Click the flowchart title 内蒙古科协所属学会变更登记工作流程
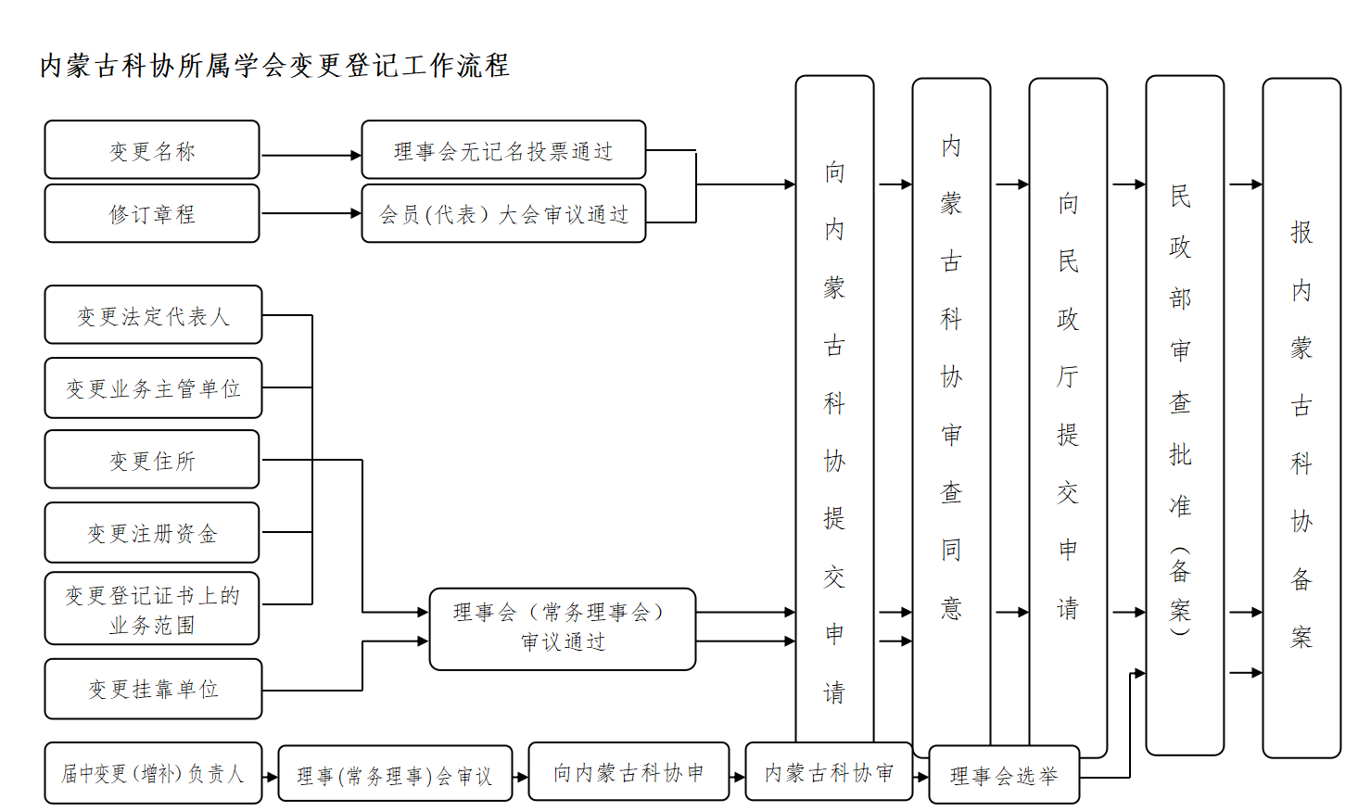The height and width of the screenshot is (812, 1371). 274,66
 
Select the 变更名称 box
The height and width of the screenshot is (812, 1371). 152,150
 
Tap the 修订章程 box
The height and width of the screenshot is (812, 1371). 152,214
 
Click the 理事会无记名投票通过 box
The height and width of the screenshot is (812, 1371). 503,150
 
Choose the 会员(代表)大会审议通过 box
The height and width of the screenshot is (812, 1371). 503,214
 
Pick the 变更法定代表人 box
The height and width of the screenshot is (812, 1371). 153,316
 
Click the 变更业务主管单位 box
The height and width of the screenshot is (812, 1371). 153,388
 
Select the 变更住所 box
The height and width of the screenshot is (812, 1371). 152,460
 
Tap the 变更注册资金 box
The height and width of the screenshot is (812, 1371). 152,533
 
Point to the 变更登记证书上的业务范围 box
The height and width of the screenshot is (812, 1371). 152,609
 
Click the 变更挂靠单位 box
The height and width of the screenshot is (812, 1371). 153,689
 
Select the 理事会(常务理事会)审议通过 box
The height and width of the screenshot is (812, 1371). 562,628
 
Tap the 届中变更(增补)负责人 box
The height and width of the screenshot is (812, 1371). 153,773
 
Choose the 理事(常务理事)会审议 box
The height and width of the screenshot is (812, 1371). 395,775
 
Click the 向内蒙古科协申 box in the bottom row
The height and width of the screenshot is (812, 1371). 628,772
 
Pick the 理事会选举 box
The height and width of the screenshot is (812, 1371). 1004,775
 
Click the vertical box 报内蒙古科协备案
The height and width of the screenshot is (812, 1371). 1301,417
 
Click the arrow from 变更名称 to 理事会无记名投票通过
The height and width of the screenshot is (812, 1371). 311,156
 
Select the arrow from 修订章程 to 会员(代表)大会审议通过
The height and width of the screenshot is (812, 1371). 311,214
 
